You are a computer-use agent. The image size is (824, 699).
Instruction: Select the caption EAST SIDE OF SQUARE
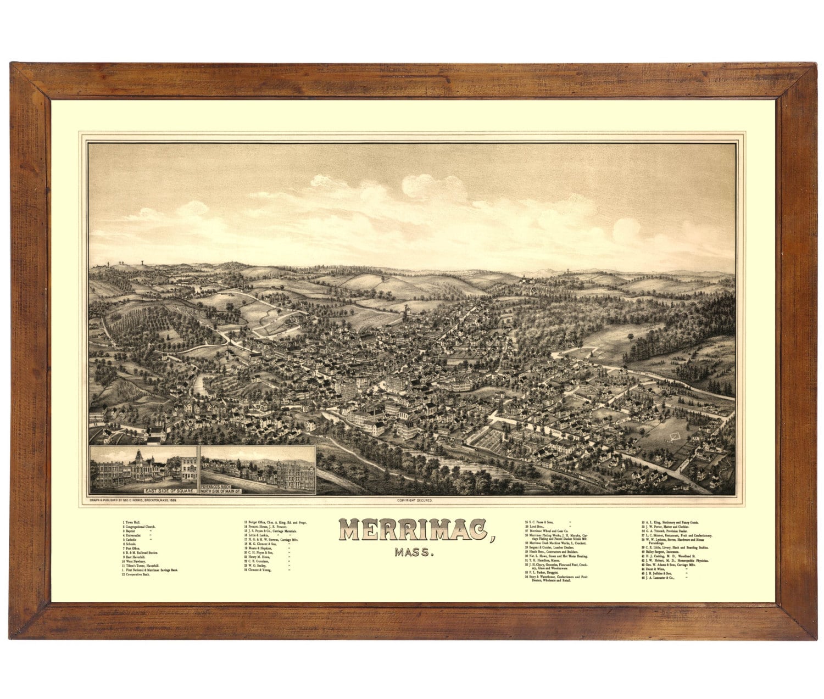pyautogui.click(x=169, y=490)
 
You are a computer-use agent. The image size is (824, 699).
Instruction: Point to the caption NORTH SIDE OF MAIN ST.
pyautogui.click(x=221, y=490)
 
